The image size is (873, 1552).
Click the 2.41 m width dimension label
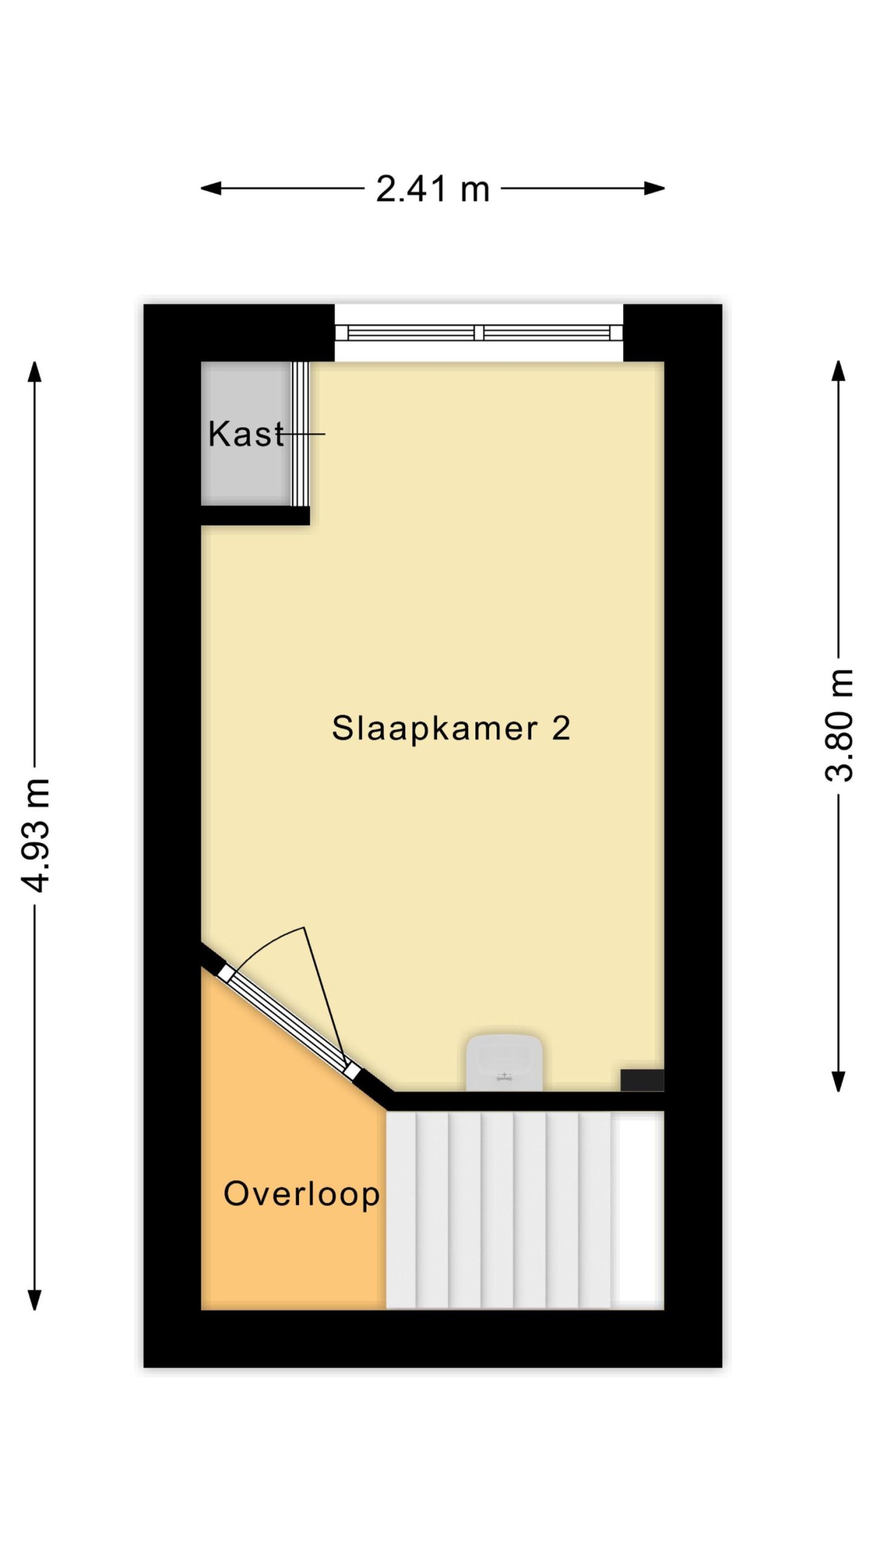pos(432,189)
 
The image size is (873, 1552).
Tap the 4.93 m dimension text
pos(35,835)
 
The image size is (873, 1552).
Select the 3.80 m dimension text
pos(839,726)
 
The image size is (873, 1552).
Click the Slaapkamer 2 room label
pos(451,727)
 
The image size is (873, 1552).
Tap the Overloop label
pos(301,1194)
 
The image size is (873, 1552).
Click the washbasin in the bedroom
pos(504,1063)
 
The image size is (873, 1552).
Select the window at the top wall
pos(479,332)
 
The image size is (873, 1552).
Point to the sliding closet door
pos(300,433)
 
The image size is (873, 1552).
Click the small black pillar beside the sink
pos(642,1080)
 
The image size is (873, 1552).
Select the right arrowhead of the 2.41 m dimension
pos(655,189)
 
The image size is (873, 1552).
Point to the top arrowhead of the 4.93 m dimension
pos(35,372)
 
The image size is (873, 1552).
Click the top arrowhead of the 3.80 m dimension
pos(838,372)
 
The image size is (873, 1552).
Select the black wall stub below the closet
pos(255,515)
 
